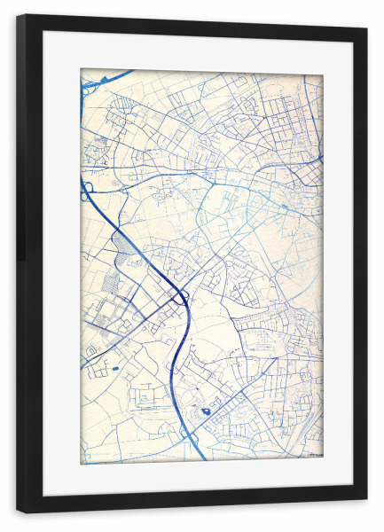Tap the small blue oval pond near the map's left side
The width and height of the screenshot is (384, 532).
(114, 367)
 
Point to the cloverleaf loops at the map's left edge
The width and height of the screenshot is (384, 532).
(88, 191)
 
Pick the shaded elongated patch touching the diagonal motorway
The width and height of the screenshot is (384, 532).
(124, 240)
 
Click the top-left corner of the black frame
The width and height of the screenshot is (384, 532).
(19, 16)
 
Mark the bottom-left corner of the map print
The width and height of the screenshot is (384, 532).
(82, 463)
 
